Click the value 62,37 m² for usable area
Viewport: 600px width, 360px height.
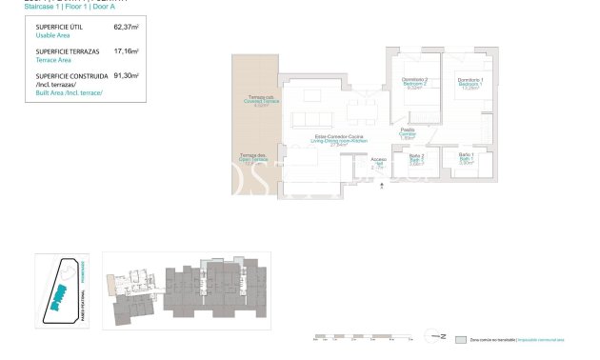click(x=126, y=28)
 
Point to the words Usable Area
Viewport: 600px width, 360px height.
click(x=52, y=35)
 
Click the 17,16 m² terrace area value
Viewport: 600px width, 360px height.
click(x=126, y=51)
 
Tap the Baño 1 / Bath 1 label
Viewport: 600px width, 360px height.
click(x=466, y=159)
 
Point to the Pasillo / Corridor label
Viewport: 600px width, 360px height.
click(x=407, y=133)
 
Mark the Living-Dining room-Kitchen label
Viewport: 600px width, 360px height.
click(x=340, y=141)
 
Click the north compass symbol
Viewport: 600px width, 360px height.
click(x=439, y=336)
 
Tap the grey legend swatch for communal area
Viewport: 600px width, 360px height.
click(x=462, y=339)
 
